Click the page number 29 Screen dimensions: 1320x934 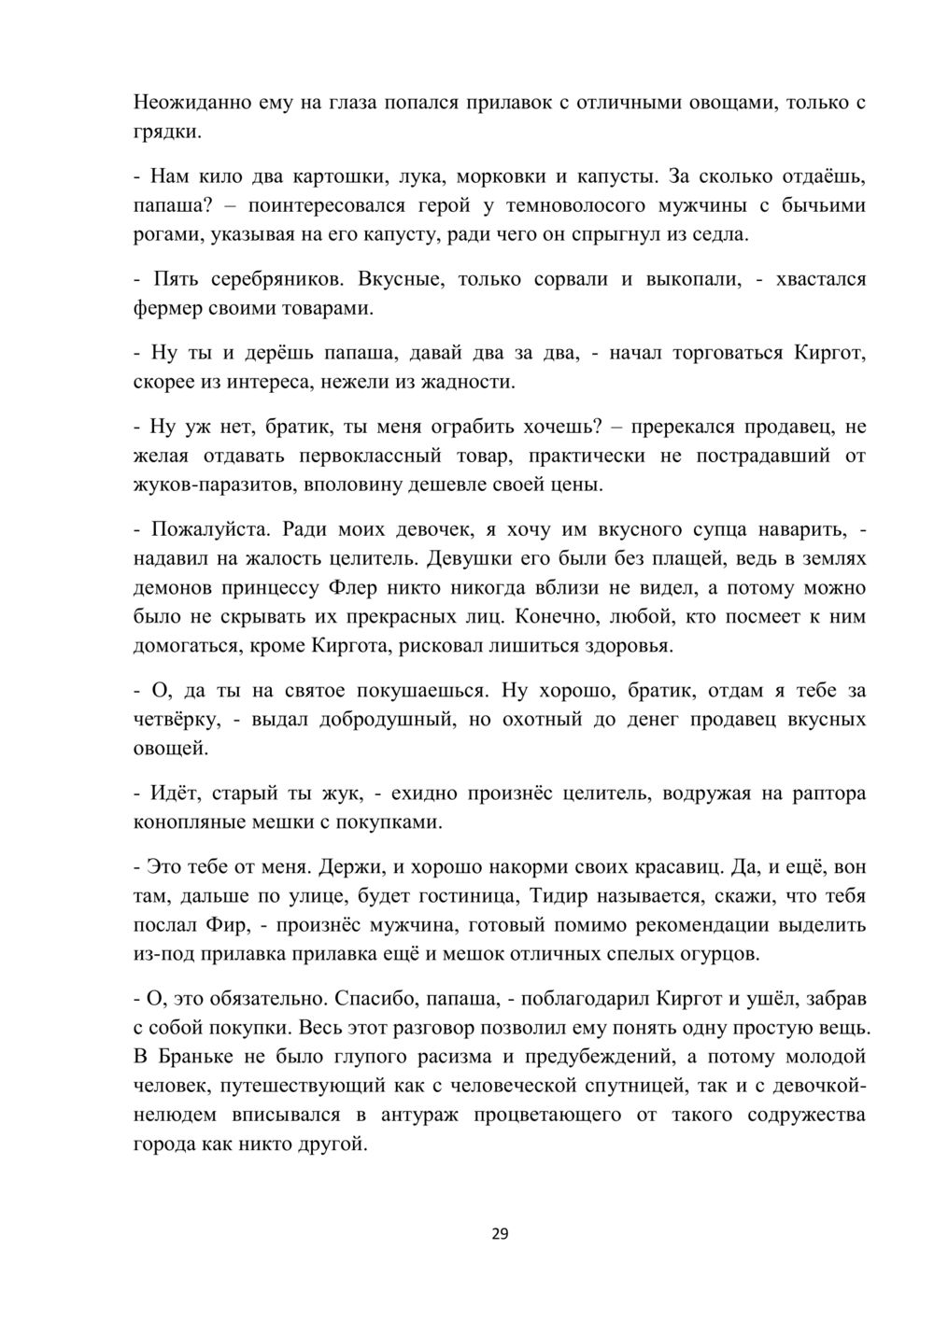(500, 1234)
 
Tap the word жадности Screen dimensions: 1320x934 (468, 382)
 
